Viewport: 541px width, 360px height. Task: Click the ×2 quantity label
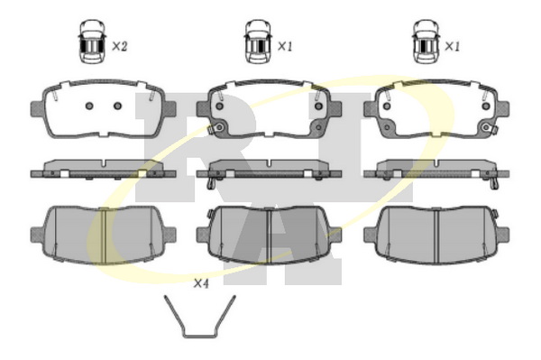pyautogui.click(x=120, y=46)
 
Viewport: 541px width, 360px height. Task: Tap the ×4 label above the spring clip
pyautogui.click(x=201, y=283)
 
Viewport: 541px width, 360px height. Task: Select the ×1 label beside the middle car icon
pyautogui.click(x=285, y=46)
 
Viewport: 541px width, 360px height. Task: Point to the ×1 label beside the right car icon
pyautogui.click(x=452, y=46)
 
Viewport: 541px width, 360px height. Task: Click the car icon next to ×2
pyautogui.click(x=92, y=42)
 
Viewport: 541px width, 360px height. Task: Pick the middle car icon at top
pyautogui.click(x=257, y=42)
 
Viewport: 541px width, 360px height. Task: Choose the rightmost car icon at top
pyautogui.click(x=426, y=42)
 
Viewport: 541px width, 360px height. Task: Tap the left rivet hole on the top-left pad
pyautogui.click(x=89, y=106)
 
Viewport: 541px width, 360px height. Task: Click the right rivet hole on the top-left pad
pyautogui.click(x=117, y=106)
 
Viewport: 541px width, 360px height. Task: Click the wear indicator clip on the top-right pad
pyautogui.click(x=491, y=128)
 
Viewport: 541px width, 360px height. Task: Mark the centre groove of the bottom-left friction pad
pyautogui.click(x=104, y=235)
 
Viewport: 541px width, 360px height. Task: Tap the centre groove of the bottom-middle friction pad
pyautogui.click(x=269, y=236)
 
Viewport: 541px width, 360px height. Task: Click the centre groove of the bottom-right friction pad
pyautogui.click(x=437, y=236)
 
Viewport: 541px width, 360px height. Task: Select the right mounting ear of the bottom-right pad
pyautogui.click(x=503, y=235)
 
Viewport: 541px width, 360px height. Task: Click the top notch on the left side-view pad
pyautogui.click(x=105, y=162)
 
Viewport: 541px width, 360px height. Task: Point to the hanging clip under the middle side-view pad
pyautogui.click(x=211, y=182)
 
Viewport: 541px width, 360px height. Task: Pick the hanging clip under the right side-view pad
pyautogui.click(x=494, y=182)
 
